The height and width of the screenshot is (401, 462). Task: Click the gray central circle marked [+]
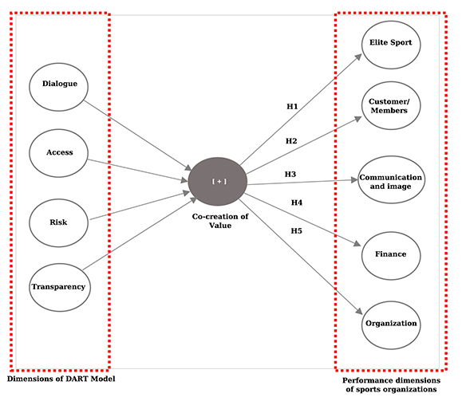coord(219,181)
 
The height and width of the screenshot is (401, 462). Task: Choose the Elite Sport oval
coord(390,42)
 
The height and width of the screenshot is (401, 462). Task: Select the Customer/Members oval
coord(390,106)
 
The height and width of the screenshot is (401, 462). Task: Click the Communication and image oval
coord(390,181)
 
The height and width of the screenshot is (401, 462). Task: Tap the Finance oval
coord(390,254)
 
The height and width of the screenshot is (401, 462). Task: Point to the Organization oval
coord(390,324)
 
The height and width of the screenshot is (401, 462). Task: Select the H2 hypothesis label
coord(292,141)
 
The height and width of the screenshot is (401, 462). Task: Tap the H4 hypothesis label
coord(296,202)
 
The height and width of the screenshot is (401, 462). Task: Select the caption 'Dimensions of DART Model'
coord(61,378)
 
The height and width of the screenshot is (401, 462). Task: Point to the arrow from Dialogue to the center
coord(136,132)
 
